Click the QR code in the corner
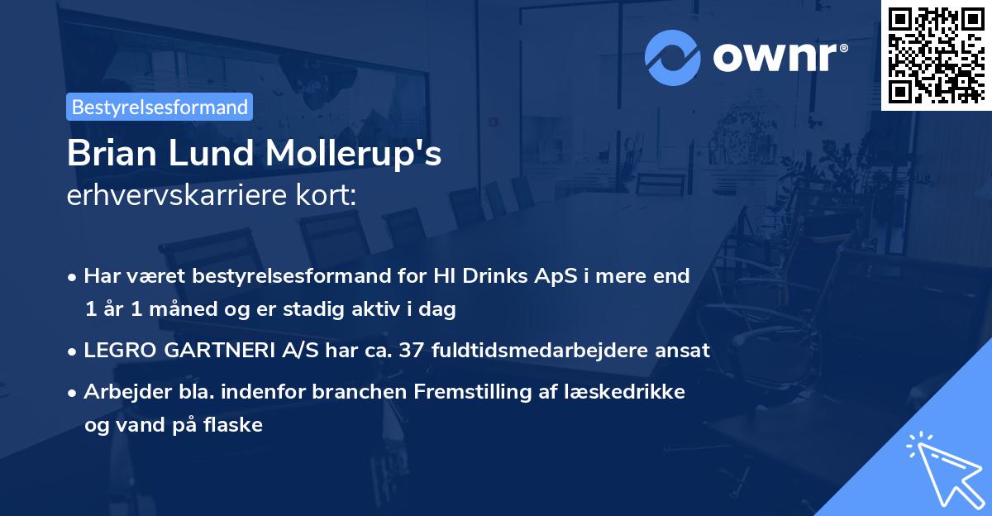[x=937, y=55]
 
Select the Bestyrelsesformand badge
[x=160, y=107]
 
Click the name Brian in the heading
[x=108, y=155]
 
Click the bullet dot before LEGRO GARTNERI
[x=74, y=351]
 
